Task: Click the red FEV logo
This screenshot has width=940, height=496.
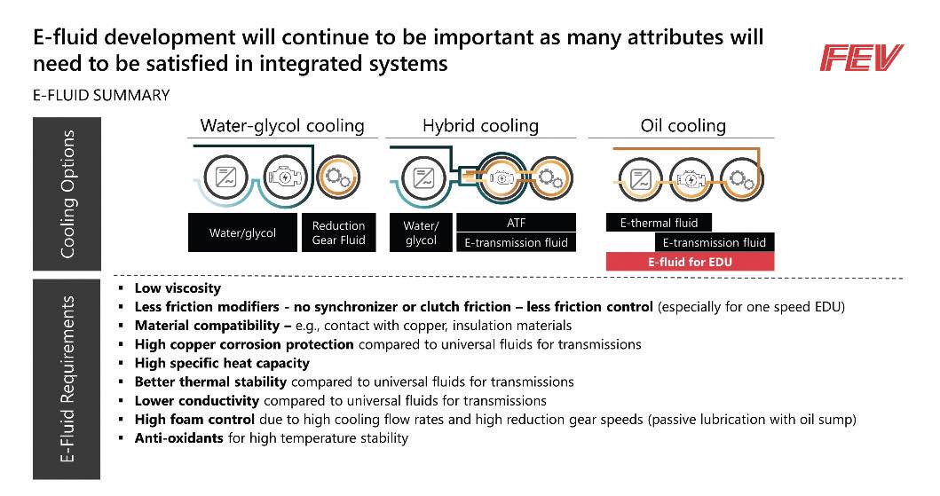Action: (x=862, y=58)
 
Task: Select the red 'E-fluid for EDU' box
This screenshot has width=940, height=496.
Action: (x=690, y=262)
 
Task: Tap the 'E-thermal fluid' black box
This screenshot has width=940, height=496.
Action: (x=659, y=223)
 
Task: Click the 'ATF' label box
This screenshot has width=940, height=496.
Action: (x=517, y=222)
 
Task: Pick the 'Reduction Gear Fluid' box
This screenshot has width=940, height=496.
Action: (x=339, y=232)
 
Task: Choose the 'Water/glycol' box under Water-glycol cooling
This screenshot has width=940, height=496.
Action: (x=242, y=232)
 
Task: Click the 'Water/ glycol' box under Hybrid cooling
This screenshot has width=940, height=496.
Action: (x=421, y=232)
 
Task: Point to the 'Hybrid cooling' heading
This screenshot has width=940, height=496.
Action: (x=481, y=126)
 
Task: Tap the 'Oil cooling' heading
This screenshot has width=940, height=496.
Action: (x=683, y=126)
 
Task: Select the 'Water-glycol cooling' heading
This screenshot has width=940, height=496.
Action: (x=282, y=126)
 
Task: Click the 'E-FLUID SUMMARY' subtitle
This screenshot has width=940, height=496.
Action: (x=101, y=95)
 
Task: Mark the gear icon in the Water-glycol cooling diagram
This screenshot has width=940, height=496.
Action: (x=337, y=177)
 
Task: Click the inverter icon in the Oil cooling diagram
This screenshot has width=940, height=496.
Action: (x=640, y=179)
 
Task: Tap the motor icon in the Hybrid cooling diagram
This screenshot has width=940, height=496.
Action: (x=502, y=177)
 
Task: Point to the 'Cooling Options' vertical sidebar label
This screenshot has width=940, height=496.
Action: (x=67, y=194)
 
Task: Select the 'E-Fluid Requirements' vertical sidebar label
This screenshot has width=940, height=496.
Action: (x=67, y=379)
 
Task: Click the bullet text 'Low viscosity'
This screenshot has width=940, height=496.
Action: (x=178, y=288)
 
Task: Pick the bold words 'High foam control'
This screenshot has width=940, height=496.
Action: (x=194, y=420)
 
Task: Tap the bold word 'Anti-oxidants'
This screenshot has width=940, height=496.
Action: (x=178, y=438)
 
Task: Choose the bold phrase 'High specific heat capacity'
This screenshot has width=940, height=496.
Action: (x=222, y=363)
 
